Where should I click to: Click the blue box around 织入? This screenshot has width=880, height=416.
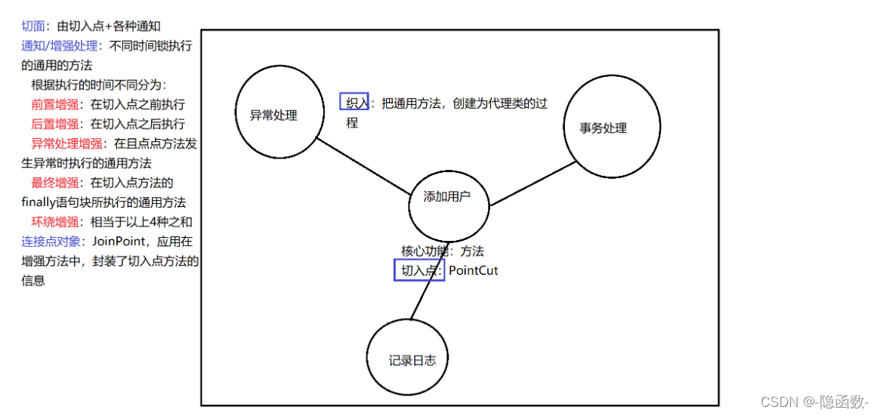point(354,102)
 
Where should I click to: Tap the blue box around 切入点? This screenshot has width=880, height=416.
point(419,270)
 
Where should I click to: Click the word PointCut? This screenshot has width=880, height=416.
point(474,270)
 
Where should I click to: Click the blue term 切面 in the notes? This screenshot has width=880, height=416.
point(32,26)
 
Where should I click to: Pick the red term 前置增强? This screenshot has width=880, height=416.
point(54,104)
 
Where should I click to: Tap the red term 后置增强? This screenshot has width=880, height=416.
point(54,124)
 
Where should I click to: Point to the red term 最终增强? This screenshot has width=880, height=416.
point(54,183)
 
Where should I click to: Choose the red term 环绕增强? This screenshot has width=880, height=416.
point(54,222)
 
